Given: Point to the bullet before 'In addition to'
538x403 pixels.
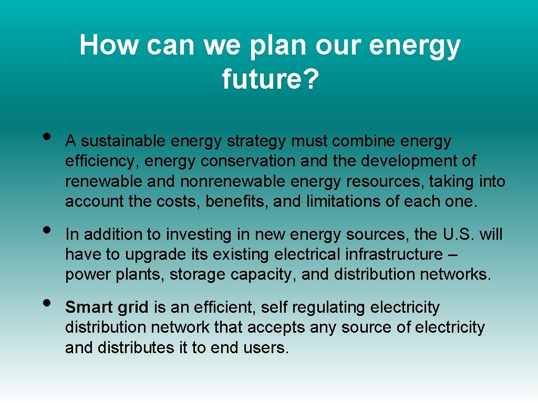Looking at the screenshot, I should [47, 230].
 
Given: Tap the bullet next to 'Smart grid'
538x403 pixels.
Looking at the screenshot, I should [47, 303].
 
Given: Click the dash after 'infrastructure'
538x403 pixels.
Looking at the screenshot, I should [454, 255].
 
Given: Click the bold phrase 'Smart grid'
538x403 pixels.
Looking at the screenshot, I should [107, 307].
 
